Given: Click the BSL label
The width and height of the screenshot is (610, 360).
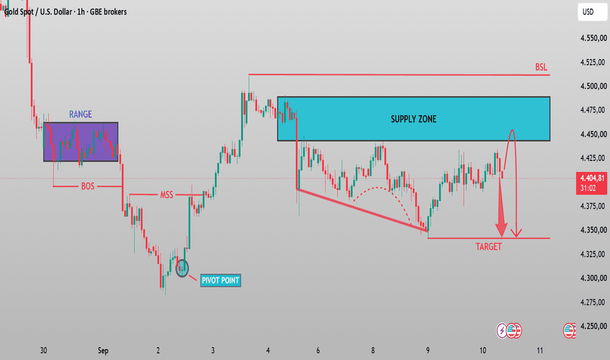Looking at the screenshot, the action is point(541,67).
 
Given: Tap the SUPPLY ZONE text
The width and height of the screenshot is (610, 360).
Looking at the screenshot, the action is point(414,119).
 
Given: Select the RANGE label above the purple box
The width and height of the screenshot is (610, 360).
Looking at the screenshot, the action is point(81,114).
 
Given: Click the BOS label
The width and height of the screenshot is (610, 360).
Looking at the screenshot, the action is point(88,186).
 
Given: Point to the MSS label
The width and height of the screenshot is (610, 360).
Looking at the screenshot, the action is point(166,194).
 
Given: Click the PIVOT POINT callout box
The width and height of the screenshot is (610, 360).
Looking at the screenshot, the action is point(221,280).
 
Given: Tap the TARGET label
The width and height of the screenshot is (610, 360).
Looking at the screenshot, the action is point(489,246).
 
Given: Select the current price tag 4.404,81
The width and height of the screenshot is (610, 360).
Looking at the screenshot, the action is point(591,183).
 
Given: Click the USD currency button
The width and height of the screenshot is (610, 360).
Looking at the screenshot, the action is point(592,12).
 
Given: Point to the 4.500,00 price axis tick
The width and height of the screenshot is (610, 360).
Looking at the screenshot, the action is point(593,86).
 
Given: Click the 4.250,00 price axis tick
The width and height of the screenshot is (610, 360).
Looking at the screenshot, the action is point(593,326).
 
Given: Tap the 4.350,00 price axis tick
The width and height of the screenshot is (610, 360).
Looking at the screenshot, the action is point(593,230).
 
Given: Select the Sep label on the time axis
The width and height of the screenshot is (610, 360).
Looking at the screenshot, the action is point(103,350).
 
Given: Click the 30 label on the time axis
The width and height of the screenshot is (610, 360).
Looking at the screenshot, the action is point(43,350).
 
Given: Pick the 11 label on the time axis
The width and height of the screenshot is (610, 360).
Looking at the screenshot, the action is point(539,350).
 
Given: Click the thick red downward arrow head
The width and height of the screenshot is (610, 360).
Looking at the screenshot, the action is point(501,230).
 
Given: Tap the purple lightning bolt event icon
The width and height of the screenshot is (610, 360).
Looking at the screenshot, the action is point(502,331).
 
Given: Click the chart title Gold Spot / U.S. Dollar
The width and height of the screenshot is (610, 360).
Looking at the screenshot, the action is point(39,12).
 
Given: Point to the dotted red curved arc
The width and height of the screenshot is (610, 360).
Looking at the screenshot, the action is point(376,188).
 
